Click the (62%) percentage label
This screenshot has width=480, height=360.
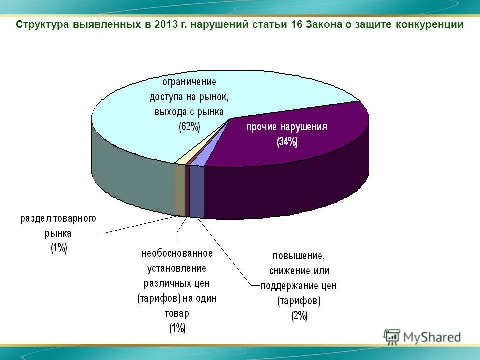(189, 127)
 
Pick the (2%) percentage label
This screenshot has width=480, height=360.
(300, 316)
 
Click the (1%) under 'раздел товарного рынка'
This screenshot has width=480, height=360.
(58, 248)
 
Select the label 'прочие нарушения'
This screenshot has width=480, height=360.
(286, 127)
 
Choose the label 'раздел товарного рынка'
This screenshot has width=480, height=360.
(58, 226)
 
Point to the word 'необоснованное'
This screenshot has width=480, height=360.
(176, 253)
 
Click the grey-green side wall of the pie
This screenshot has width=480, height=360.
(130, 175)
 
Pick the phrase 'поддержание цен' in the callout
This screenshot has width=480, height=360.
(299, 286)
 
